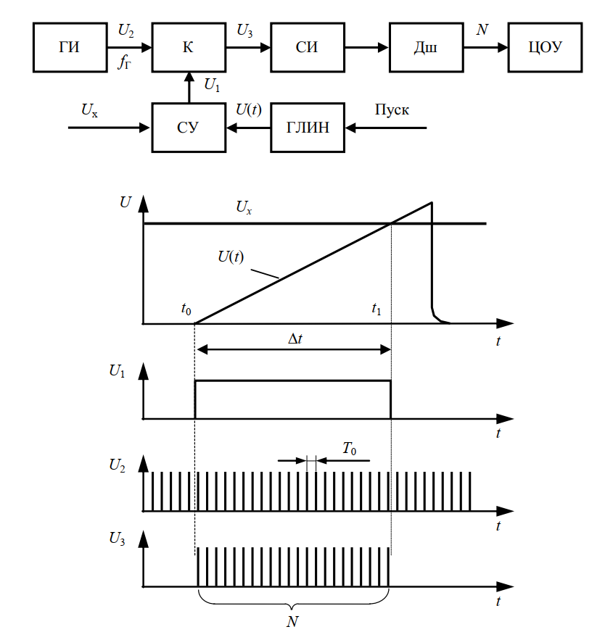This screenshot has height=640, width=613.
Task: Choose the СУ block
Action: (x=187, y=128)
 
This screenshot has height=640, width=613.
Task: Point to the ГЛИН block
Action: (x=306, y=128)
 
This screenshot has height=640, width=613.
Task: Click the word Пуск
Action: (x=392, y=111)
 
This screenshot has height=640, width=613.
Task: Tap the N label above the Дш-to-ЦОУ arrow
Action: (x=482, y=30)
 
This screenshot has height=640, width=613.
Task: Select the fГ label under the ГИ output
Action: (x=125, y=63)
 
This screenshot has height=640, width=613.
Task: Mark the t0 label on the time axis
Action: (x=186, y=308)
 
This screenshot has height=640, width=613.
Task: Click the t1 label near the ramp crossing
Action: (x=376, y=308)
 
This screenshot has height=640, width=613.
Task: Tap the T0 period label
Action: (x=349, y=450)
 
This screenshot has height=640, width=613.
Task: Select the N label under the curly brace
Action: (x=293, y=621)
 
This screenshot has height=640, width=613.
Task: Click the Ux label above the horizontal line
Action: (x=244, y=207)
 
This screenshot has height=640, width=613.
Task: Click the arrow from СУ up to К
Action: (x=187, y=87)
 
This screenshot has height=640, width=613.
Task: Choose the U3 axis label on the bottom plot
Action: (x=118, y=539)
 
